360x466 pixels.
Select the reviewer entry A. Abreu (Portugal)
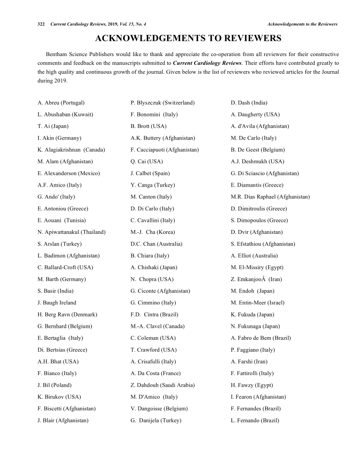(61, 103)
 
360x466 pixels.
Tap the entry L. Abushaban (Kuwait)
(65, 114)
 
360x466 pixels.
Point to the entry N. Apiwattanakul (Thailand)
(71, 232)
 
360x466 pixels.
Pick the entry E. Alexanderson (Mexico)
(69, 173)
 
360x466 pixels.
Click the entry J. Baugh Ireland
(57, 303)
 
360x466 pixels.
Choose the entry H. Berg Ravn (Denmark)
(67, 315)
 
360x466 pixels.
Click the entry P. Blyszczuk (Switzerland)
(163, 103)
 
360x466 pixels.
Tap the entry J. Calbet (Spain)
(150, 173)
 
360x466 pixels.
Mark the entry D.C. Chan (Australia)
(157, 244)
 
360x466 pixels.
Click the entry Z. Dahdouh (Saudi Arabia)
(162, 385)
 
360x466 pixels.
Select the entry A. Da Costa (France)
(156, 373)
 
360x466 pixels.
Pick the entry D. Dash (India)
(249, 103)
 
